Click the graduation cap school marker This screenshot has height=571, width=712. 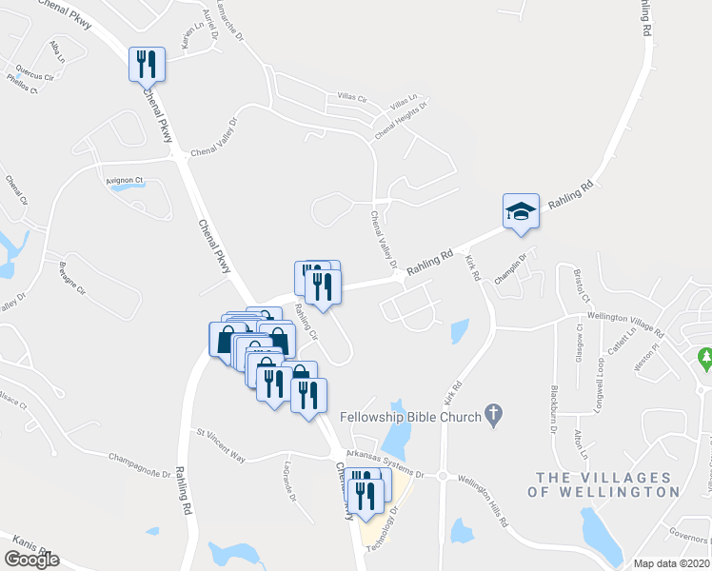coord(521,210)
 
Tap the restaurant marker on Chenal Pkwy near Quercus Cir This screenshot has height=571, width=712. coord(147,64)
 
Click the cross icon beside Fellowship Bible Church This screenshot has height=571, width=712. coord(492,413)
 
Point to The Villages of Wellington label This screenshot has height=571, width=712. coord(608,484)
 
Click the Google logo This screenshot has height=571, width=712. coord(31,560)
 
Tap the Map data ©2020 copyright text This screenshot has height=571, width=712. coord(671,563)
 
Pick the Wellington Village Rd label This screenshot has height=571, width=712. coord(625,323)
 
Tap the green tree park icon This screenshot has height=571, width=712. coord(704,359)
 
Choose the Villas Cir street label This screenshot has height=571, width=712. coord(351,97)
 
